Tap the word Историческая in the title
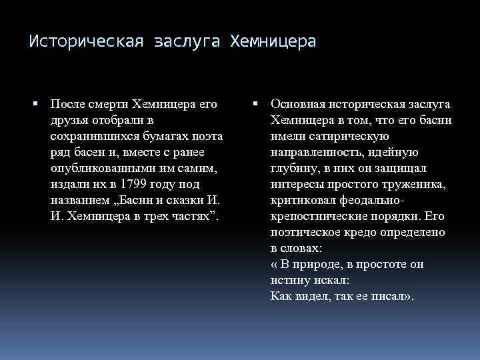click(x=87, y=42)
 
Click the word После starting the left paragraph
click(x=68, y=105)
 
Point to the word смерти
click(x=108, y=105)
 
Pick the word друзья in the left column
click(x=69, y=121)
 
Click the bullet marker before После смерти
click(x=37, y=105)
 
